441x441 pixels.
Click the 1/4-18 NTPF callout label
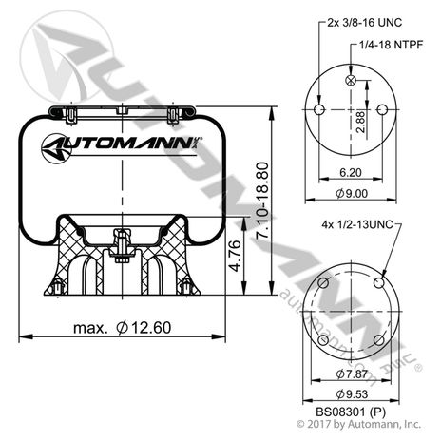(388, 44)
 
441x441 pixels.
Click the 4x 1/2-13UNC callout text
(356, 225)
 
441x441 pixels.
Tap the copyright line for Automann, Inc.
(352, 425)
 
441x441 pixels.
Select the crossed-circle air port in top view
(353, 83)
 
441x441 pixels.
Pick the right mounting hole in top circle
(382, 110)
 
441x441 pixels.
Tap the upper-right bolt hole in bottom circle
(379, 282)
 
